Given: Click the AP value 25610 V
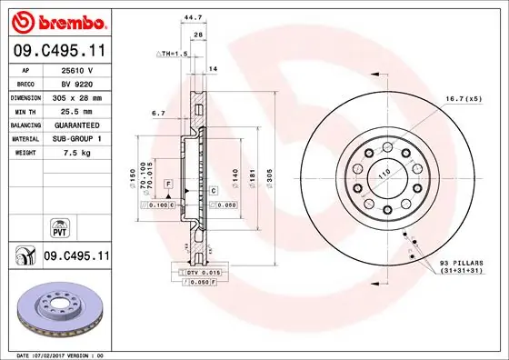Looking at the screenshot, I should [x=76, y=69].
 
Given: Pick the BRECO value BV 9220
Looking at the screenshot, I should [x=76, y=82].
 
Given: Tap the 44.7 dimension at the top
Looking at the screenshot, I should [x=193, y=15].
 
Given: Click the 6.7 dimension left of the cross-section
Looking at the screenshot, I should [x=158, y=114].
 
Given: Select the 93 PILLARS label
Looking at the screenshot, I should [x=462, y=264].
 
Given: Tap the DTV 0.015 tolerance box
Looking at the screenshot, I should [x=202, y=273].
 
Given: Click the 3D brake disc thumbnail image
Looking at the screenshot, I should [x=57, y=306].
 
